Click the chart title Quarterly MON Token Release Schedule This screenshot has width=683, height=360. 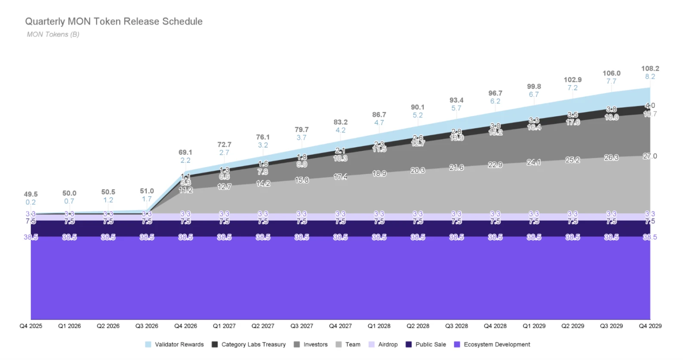click(x=114, y=22)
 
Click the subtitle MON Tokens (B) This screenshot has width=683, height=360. click(x=53, y=34)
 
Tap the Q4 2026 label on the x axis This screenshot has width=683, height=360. click(x=185, y=326)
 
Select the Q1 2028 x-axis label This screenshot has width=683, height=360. click(x=379, y=326)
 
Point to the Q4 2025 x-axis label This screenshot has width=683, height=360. click(x=31, y=326)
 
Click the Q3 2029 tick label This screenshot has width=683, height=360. click(x=611, y=326)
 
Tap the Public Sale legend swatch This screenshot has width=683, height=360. click(x=409, y=345)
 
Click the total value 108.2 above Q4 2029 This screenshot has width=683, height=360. click(x=650, y=68)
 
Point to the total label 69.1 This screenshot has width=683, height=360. click(x=185, y=152)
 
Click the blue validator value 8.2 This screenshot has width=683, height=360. click(x=650, y=77)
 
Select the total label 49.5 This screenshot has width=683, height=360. click(x=31, y=194)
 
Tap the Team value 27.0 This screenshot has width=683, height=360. click(x=650, y=156)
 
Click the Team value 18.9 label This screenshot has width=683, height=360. click(x=379, y=173)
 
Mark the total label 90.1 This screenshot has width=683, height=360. click(x=418, y=107)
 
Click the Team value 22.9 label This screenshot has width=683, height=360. click(x=495, y=165)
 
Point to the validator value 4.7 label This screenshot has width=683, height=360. click(x=379, y=123)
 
